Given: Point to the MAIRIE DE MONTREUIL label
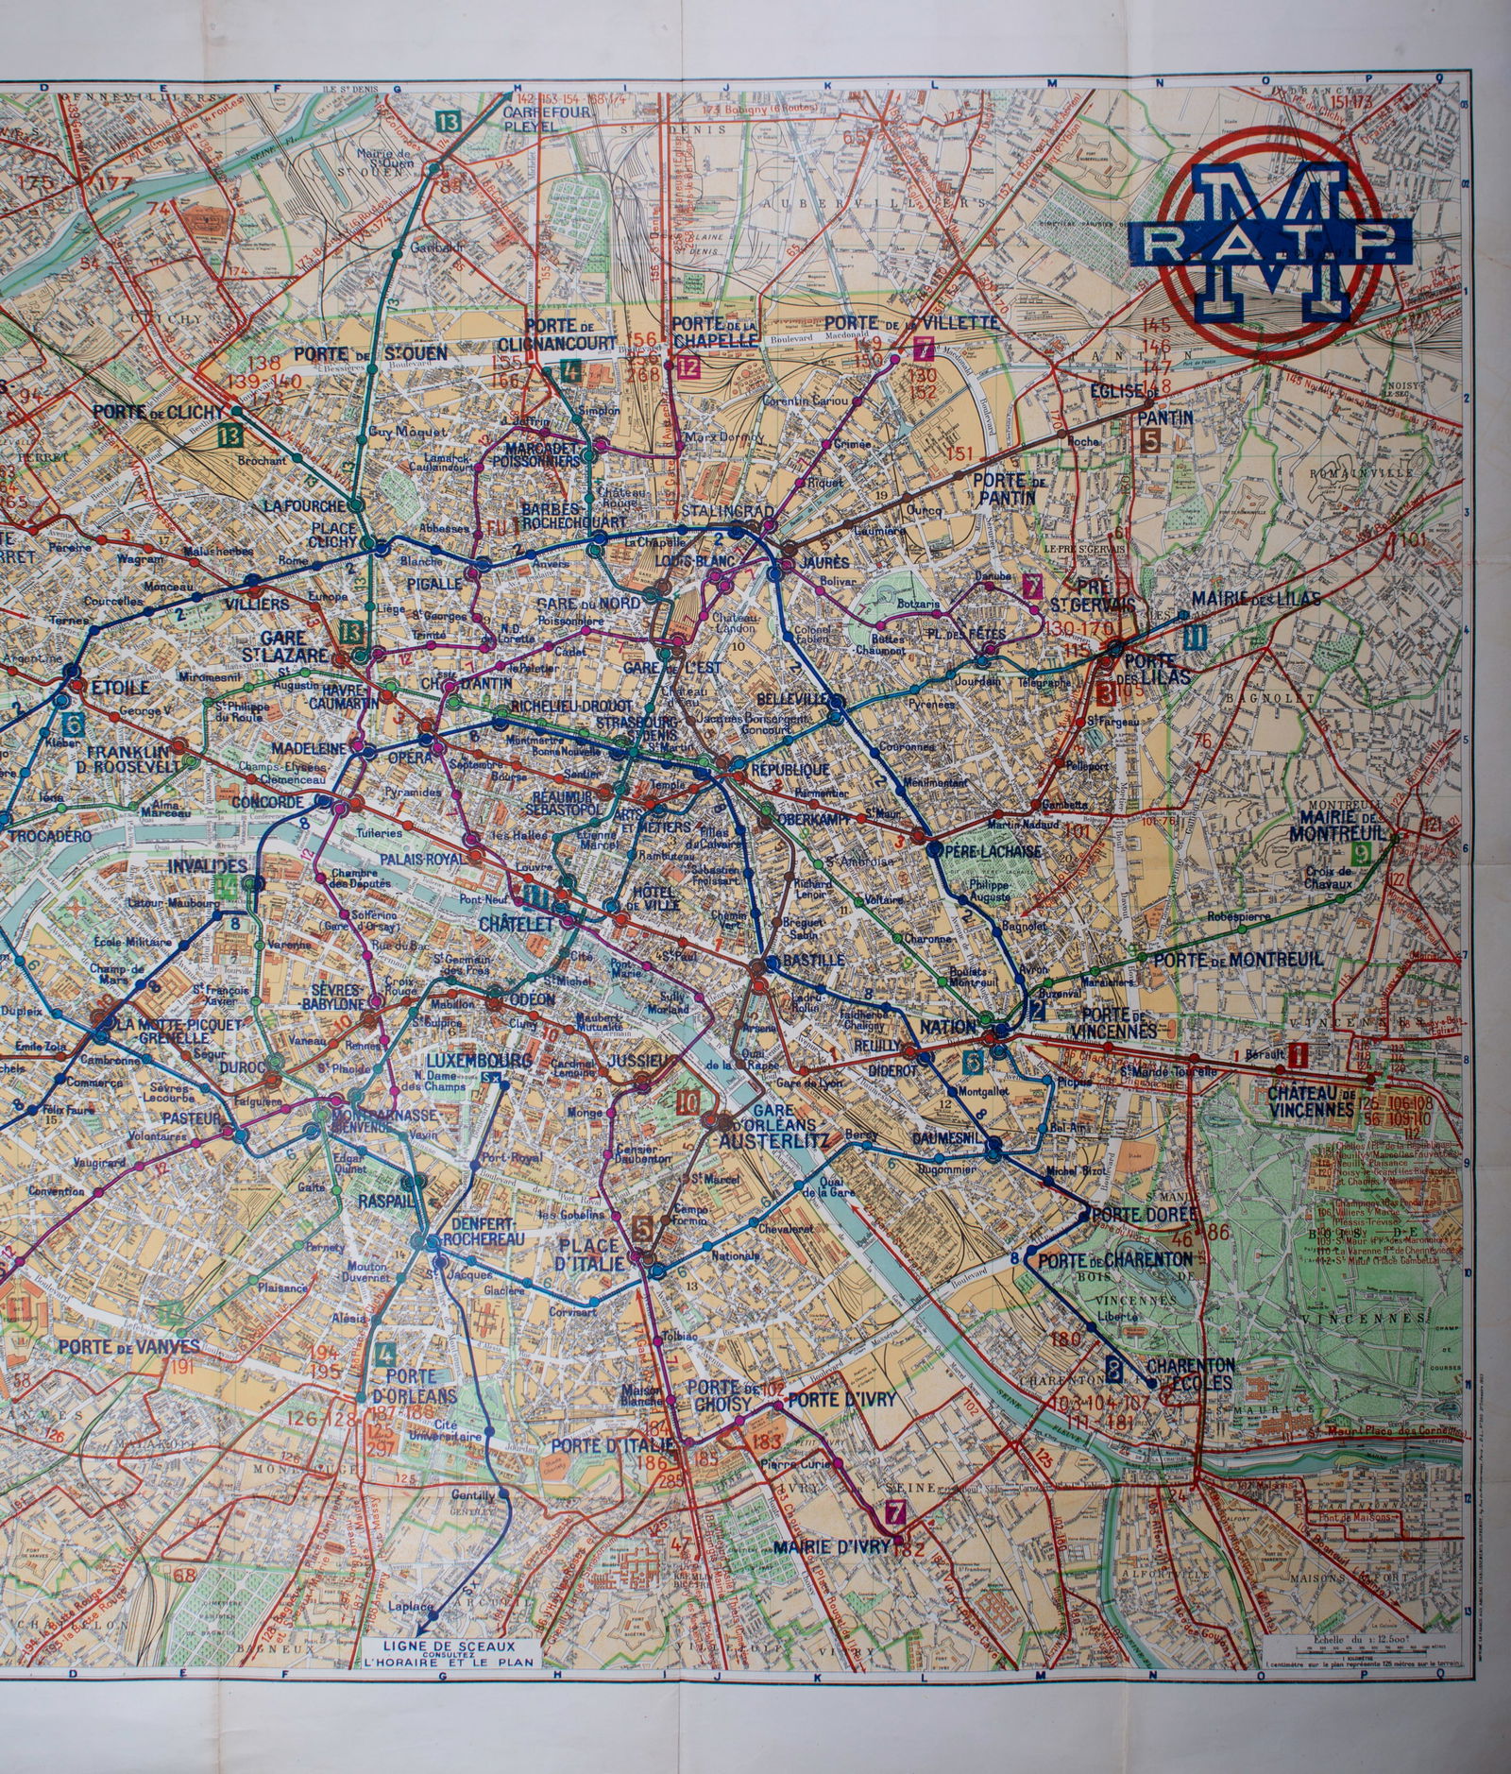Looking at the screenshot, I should (1341, 825).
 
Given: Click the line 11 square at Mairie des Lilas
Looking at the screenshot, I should (1196, 637).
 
